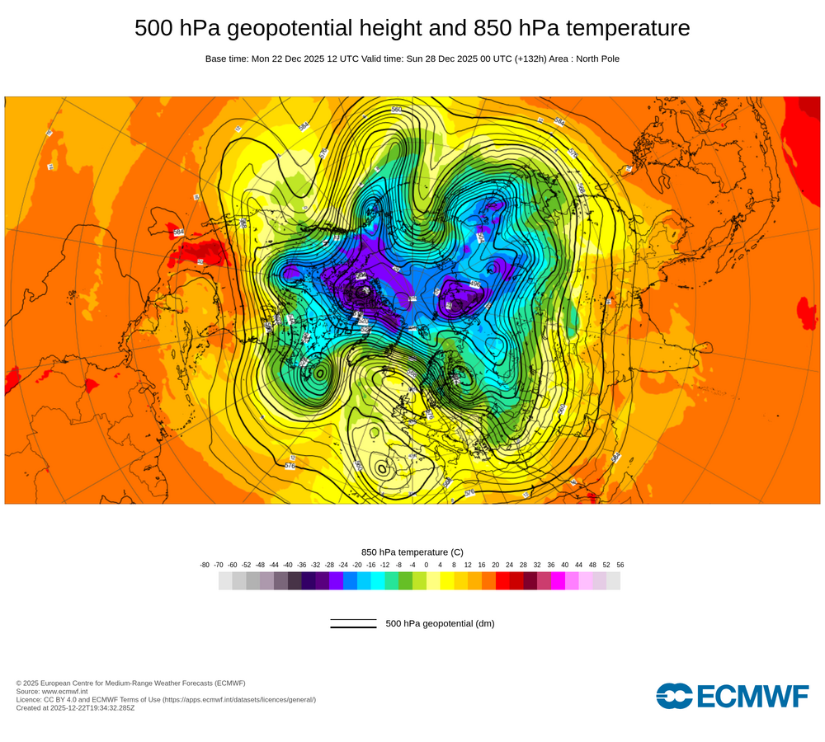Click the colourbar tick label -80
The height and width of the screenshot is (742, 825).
[x=205, y=565]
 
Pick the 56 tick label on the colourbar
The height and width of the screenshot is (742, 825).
[x=620, y=565]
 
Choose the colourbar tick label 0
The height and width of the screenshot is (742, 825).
[x=427, y=565]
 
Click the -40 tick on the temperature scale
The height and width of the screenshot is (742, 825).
[x=288, y=565]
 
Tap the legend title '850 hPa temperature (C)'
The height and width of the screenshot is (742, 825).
[x=412, y=552]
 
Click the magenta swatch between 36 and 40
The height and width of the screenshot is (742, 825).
[x=558, y=581]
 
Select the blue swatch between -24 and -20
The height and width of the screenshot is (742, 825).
[x=350, y=581]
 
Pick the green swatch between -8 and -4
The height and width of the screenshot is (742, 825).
[x=405, y=581]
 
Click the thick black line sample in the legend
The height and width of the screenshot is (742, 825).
[x=353, y=627]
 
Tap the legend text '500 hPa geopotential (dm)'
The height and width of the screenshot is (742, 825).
[x=440, y=623]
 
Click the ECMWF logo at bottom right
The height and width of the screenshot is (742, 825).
[x=733, y=696]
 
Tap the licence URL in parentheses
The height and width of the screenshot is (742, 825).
[x=238, y=699]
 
